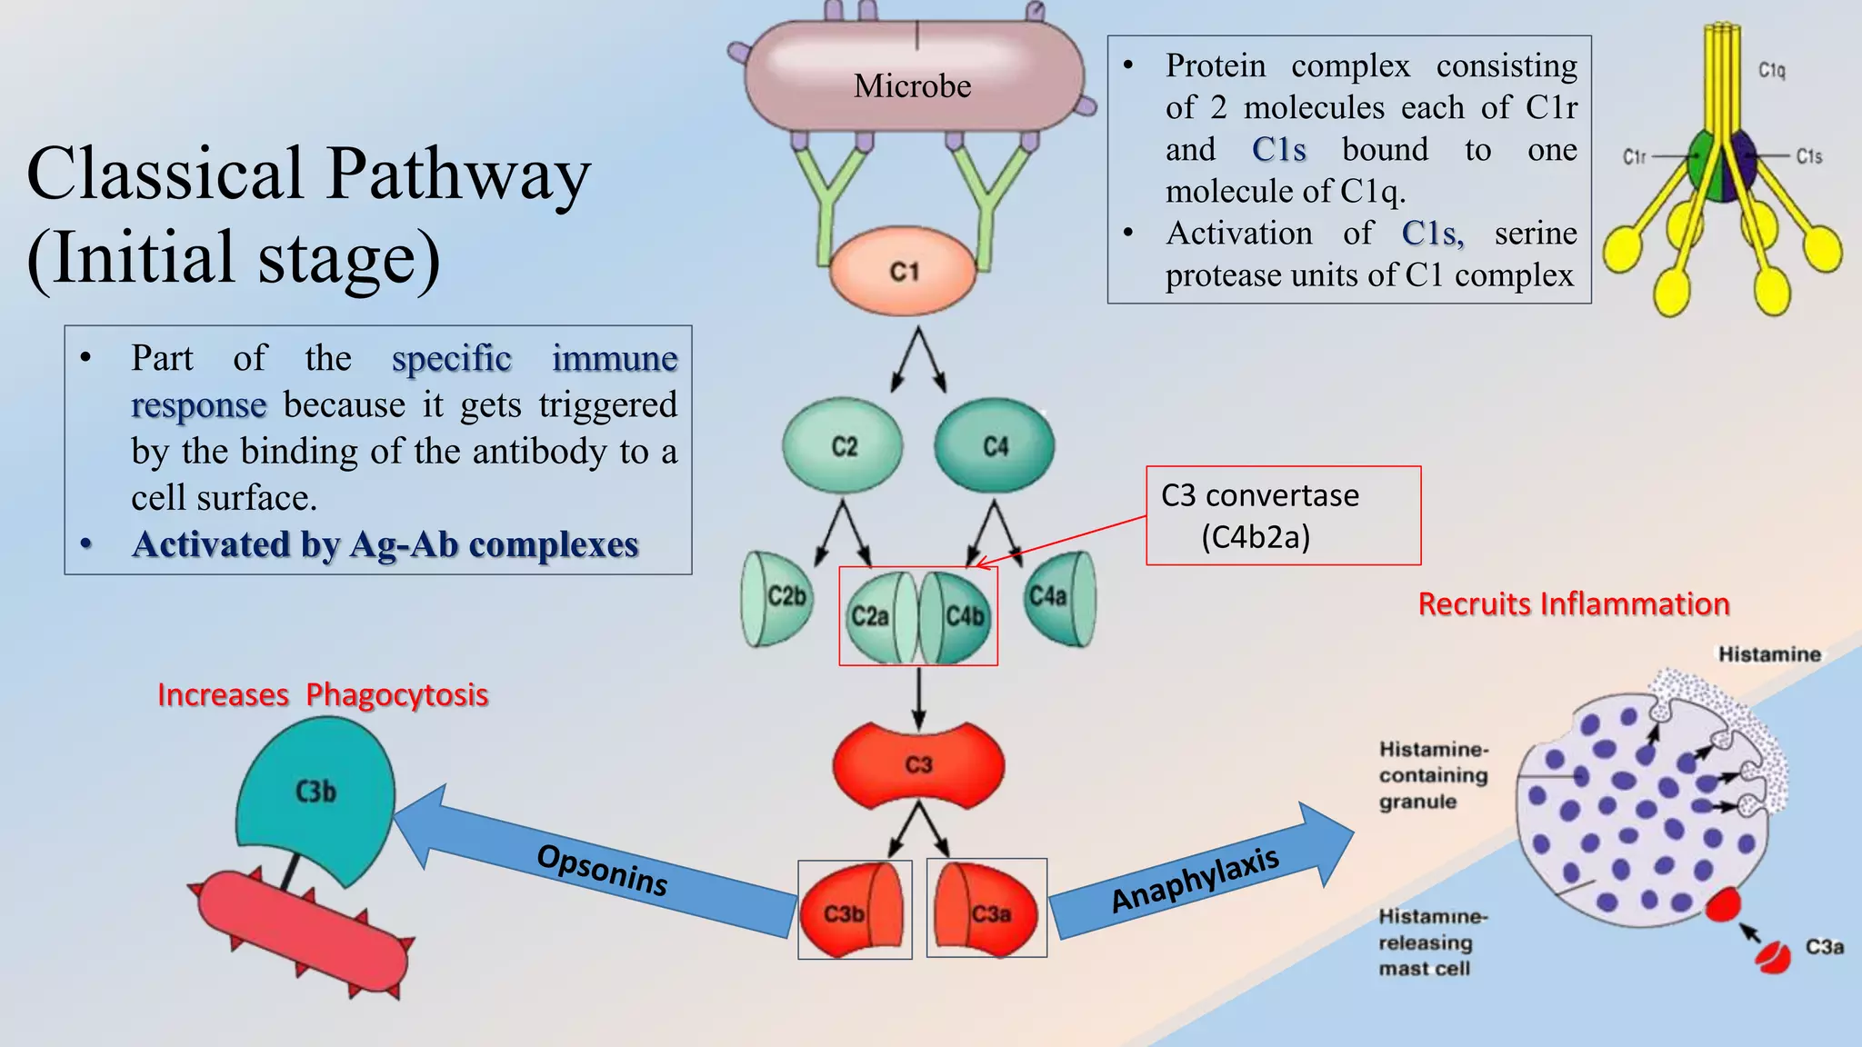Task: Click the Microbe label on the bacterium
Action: pyautogui.click(x=912, y=86)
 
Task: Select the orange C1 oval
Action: pyautogui.click(x=904, y=271)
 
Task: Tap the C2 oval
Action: pyautogui.click(x=843, y=446)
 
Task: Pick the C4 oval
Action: pyautogui.click(x=995, y=446)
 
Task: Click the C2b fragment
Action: pyautogui.click(x=780, y=597)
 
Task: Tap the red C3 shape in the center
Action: pyautogui.click(x=918, y=765)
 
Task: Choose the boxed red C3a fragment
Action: pyautogui.click(x=986, y=910)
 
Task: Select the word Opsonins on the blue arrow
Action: pyautogui.click(x=602, y=870)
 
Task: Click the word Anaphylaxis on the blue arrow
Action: pyautogui.click(x=1195, y=880)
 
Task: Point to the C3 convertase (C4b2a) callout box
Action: pyautogui.click(x=1282, y=515)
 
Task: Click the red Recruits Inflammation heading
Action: pyautogui.click(x=1574, y=604)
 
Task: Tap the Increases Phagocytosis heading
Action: pyautogui.click(x=323, y=695)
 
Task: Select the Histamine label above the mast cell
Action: pyautogui.click(x=1768, y=654)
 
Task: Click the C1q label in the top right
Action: pyautogui.click(x=1771, y=71)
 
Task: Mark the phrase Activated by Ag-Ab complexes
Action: pyautogui.click(x=385, y=545)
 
